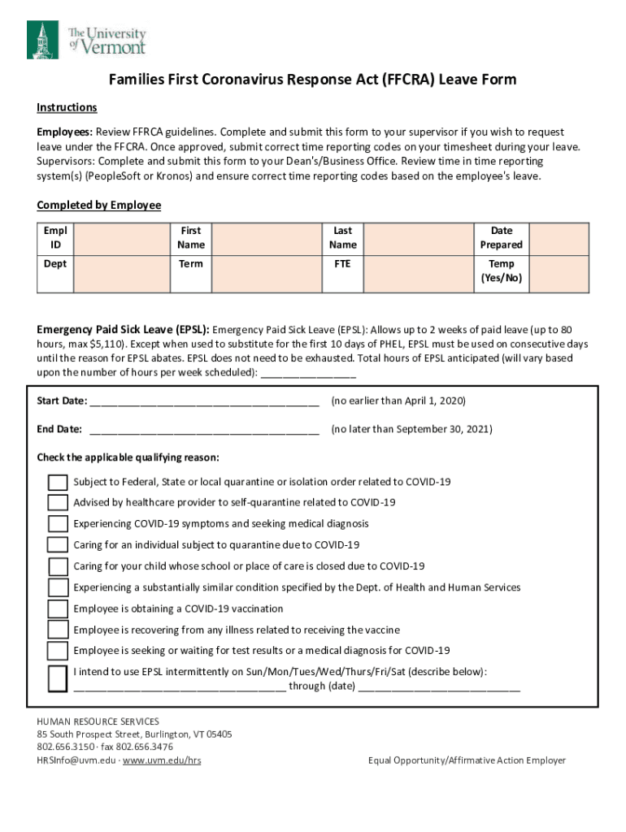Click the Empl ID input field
[x=120, y=238]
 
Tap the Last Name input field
[x=418, y=238]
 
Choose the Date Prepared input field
[x=560, y=238]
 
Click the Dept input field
[x=120, y=273]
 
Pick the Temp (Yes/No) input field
[x=560, y=273]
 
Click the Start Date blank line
[x=204, y=402]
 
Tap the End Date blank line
[x=204, y=430]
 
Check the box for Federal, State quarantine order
[x=58, y=483]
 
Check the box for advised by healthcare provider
[x=58, y=503]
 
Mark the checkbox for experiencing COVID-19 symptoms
[x=58, y=524]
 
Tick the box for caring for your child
[x=58, y=566]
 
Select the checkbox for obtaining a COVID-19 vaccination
[x=58, y=609]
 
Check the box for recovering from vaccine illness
[x=58, y=630]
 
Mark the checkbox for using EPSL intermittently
[x=58, y=678]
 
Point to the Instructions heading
[x=67, y=108]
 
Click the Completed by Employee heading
[x=98, y=206]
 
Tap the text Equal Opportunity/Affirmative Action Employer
[x=466, y=760]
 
